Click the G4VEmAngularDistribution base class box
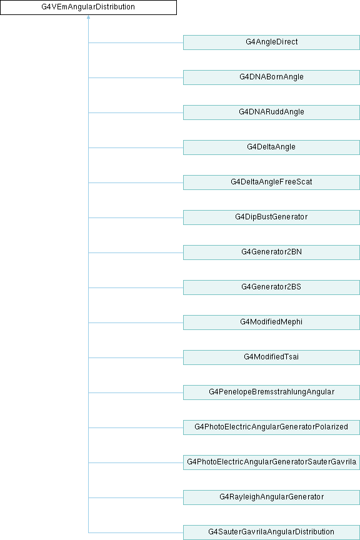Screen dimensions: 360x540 click(88, 7)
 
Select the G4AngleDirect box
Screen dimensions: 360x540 click(271, 42)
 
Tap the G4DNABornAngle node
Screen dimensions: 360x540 click(271, 77)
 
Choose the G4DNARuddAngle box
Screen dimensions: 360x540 click(271, 112)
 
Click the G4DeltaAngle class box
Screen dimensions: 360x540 click(271, 147)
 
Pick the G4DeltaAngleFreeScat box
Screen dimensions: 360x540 click(271, 182)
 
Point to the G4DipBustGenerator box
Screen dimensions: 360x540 click(271, 217)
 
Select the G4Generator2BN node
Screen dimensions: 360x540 click(271, 252)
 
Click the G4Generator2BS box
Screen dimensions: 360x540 click(271, 287)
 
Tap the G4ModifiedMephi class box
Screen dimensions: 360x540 click(271, 322)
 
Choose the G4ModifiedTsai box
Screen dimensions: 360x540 click(271, 357)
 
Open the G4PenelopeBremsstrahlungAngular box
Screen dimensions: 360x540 click(271, 392)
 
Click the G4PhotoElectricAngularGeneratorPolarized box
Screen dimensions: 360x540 click(271, 427)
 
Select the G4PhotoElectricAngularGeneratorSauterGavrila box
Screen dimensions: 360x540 click(271, 462)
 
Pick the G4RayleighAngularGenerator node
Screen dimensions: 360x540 click(271, 497)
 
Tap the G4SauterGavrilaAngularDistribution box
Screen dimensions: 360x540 click(271, 532)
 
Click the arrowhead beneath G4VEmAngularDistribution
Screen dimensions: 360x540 click(89, 17)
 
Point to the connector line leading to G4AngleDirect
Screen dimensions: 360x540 click(136, 42)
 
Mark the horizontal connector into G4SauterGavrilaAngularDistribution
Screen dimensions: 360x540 click(136, 532)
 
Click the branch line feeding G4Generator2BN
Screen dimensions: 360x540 click(136, 252)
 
